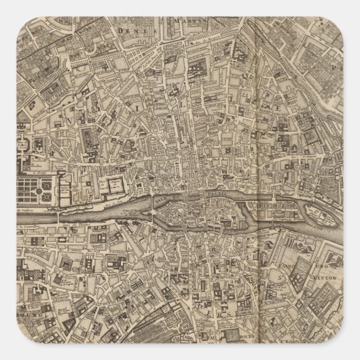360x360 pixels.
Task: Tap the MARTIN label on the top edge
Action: (192, 22)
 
